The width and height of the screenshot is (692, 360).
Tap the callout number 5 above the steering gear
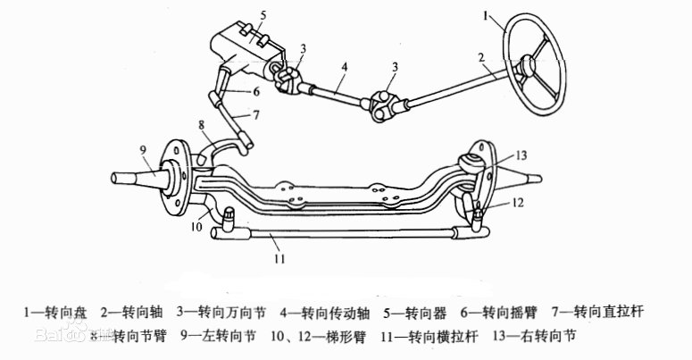(263, 15)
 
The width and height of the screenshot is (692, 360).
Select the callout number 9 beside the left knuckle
(142, 148)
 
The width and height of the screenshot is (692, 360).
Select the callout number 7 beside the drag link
(255, 114)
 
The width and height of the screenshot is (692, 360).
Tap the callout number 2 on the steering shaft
(480, 59)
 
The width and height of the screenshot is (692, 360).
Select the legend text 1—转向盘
(55, 312)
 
